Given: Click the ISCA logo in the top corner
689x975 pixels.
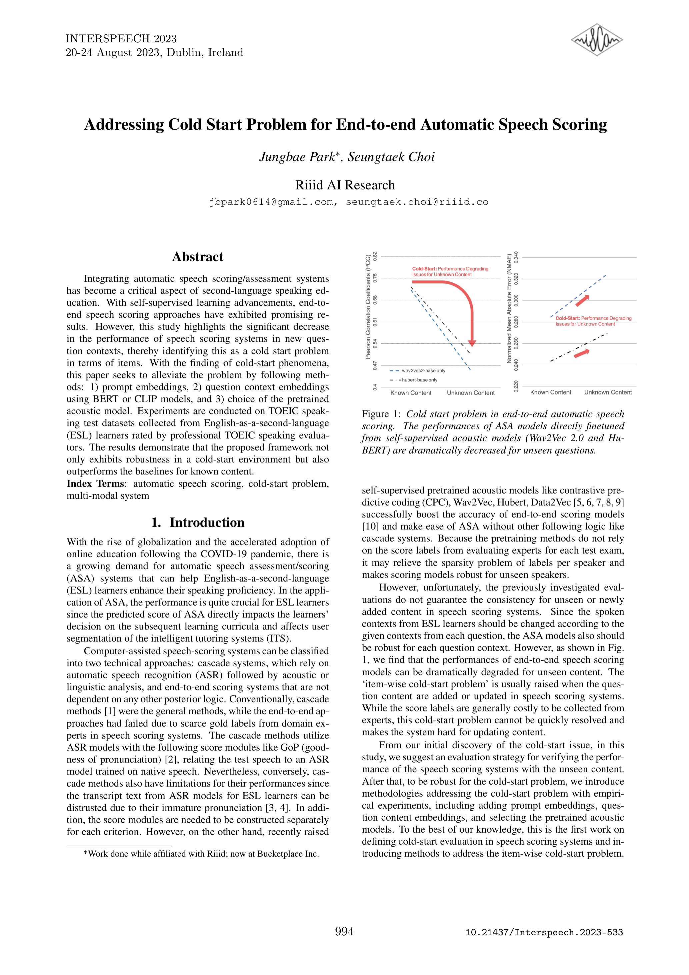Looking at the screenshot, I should tap(597, 40).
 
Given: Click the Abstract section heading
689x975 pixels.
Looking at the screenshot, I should tap(197, 257).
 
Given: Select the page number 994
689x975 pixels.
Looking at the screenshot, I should tap(344, 931).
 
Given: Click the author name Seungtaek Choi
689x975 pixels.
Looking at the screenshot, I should tap(391, 157).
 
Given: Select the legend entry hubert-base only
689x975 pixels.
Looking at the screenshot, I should tap(419, 380).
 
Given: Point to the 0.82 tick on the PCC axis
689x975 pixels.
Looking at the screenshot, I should tap(375, 256).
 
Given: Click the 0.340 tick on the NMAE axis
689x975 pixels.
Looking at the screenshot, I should tap(516, 257).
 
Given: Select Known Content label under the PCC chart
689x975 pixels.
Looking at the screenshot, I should tap(411, 393).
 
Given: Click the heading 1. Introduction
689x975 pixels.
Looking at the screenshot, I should tap(197, 522).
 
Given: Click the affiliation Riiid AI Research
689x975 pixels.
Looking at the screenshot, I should tap(345, 185).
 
